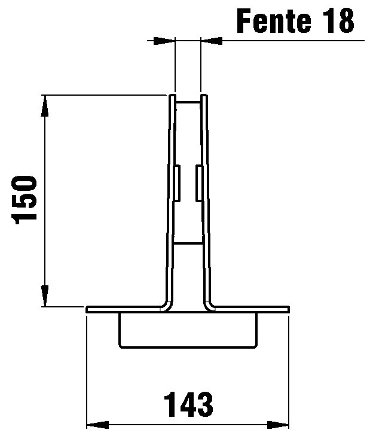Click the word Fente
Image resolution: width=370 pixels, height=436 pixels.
tap(274, 21)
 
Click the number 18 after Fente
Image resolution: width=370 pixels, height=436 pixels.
tap(340, 21)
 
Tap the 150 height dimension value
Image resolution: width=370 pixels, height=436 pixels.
tap(24, 199)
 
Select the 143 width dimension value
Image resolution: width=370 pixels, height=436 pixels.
tap(188, 404)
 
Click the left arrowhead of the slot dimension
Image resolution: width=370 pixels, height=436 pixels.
tap(164, 41)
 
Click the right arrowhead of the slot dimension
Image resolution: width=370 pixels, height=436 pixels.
tap(211, 41)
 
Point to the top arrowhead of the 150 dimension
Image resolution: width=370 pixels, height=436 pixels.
tap(45, 106)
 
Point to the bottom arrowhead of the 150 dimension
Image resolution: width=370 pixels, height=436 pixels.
tap(45, 296)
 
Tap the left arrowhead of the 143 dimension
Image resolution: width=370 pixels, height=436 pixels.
tap(97, 425)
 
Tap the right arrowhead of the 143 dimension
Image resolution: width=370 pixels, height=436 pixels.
tap(278, 425)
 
